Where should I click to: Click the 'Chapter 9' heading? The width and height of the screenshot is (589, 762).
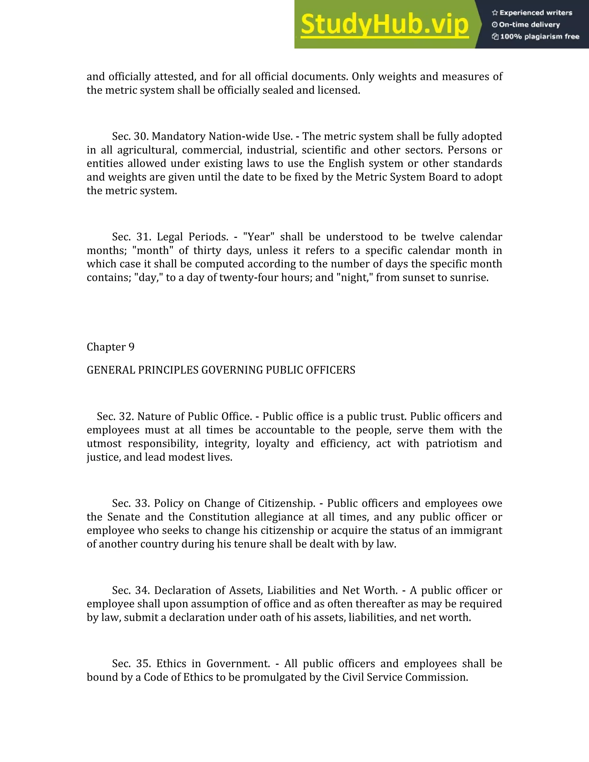coord(110,347)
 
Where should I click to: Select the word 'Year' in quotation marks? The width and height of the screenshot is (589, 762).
coord(259,237)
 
